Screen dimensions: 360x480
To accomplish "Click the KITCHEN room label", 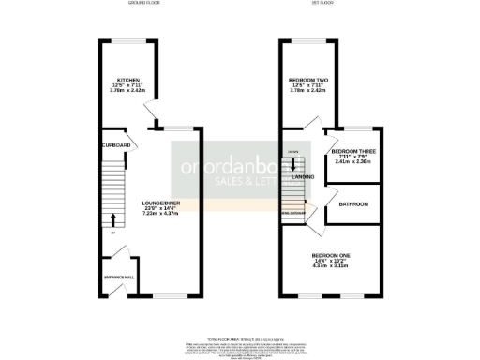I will pos(127,81).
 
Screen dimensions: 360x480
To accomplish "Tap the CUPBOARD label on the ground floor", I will pos(115,145).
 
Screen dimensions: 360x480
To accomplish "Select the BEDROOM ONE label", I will pos(330,255).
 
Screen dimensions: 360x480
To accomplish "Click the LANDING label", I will pos(303,176).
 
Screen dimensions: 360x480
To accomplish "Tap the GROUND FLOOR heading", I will pos(146,4).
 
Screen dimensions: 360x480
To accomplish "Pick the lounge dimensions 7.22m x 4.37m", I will pos(160,214).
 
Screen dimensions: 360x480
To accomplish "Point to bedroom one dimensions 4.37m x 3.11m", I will pos(330,266).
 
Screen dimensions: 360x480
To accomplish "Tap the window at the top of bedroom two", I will pos(309,39).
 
